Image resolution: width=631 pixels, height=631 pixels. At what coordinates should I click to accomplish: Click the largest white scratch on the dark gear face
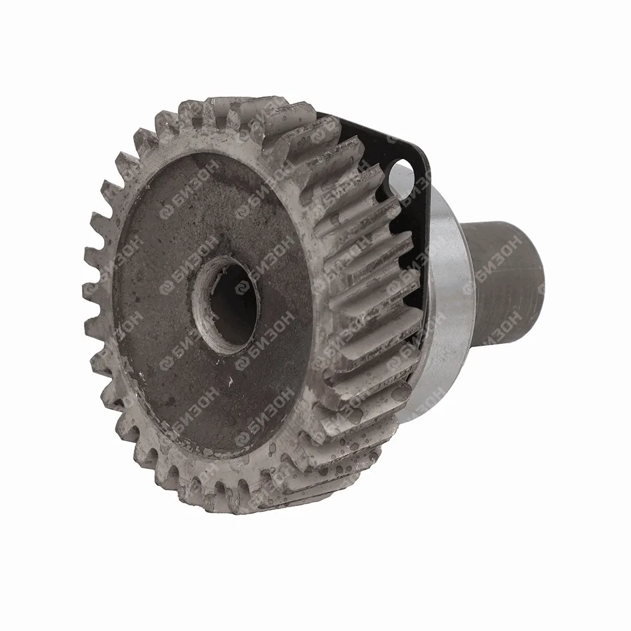[x=230, y=382]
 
